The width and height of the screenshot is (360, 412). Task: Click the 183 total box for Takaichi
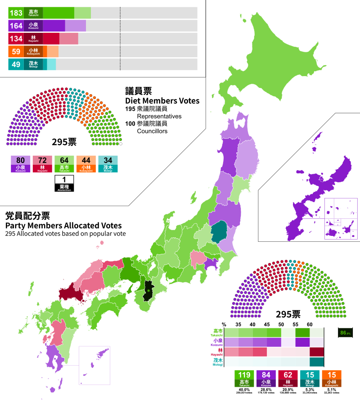click(16, 13)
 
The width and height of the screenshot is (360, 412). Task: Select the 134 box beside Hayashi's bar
click(16, 39)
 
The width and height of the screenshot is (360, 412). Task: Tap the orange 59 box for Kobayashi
click(16, 52)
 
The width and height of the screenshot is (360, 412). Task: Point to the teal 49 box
click(16, 64)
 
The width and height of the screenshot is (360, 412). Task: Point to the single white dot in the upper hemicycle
click(121, 144)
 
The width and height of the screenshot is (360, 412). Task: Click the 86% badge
click(345, 333)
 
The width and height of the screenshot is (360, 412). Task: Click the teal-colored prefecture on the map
click(219, 232)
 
